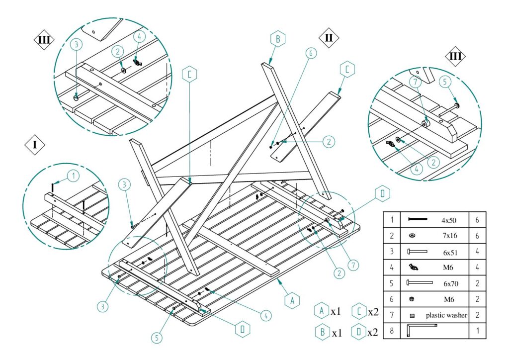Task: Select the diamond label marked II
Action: (x=329, y=37)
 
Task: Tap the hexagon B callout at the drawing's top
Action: (x=278, y=38)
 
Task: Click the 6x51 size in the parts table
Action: (x=449, y=252)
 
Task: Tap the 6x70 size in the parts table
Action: (x=449, y=283)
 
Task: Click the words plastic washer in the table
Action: (x=446, y=315)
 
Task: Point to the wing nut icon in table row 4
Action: (x=413, y=268)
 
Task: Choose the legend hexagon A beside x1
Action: (x=322, y=311)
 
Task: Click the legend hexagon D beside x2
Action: (x=357, y=331)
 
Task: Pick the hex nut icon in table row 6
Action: (x=412, y=299)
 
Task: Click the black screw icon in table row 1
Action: (x=418, y=219)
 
